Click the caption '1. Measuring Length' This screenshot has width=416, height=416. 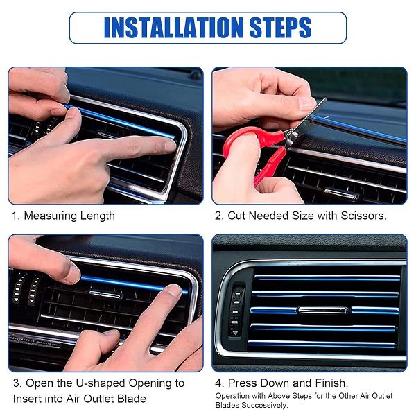click(63, 216)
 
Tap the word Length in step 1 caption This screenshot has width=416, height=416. click(97, 216)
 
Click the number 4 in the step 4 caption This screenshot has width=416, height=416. click(218, 383)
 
